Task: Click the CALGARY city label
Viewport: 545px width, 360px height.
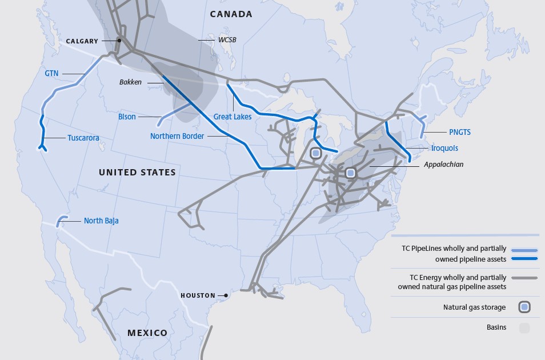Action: (x=82, y=41)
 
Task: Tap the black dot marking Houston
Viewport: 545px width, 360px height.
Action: (x=226, y=295)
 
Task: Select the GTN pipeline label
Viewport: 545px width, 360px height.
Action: (x=51, y=73)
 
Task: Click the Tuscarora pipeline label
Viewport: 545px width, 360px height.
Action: (x=83, y=138)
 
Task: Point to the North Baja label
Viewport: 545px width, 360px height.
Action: (x=101, y=221)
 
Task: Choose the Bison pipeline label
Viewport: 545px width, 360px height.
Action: (x=127, y=117)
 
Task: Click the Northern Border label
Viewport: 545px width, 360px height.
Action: (x=177, y=136)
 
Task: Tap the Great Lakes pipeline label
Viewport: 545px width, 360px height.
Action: (x=233, y=117)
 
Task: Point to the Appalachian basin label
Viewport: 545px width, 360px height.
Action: (x=443, y=165)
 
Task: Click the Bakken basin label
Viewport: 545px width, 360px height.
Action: (x=130, y=82)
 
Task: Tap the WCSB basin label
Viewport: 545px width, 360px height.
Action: (x=227, y=40)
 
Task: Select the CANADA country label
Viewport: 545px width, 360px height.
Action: (x=231, y=14)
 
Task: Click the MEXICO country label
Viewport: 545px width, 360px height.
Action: (x=147, y=333)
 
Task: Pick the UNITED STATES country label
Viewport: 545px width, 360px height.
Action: (x=137, y=172)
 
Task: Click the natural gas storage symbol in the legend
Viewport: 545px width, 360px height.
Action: (x=524, y=307)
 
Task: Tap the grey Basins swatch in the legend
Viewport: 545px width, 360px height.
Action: (x=524, y=327)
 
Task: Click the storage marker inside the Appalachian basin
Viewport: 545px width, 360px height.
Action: (x=350, y=173)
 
